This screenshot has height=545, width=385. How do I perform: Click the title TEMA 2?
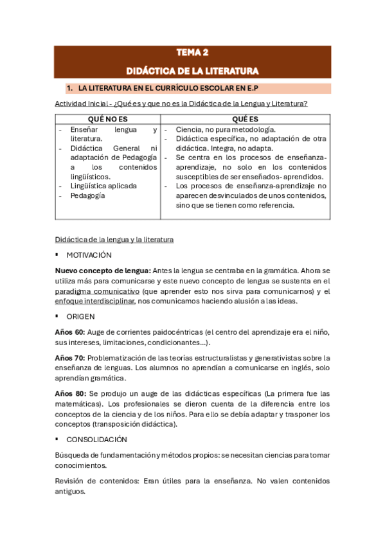pyautogui.click(x=192, y=53)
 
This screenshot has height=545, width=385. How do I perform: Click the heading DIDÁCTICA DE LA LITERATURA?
pyautogui.click(x=192, y=70)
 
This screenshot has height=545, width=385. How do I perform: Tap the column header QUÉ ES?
pyautogui.click(x=245, y=120)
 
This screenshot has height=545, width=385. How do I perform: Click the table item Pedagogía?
pyautogui.click(x=88, y=196)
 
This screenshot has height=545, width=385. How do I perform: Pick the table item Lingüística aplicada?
pyautogui.click(x=103, y=186)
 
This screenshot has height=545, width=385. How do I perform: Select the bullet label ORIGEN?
pyautogui.click(x=80, y=317)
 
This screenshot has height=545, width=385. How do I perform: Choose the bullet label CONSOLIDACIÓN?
pyautogui.click(x=96, y=440)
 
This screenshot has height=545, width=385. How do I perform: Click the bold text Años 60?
pyautogui.click(x=69, y=332)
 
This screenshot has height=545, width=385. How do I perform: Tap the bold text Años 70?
pyautogui.click(x=69, y=358)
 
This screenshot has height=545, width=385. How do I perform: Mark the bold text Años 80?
pyautogui.click(x=69, y=393)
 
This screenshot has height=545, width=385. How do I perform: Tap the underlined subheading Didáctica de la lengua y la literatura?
pyautogui.click(x=114, y=240)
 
